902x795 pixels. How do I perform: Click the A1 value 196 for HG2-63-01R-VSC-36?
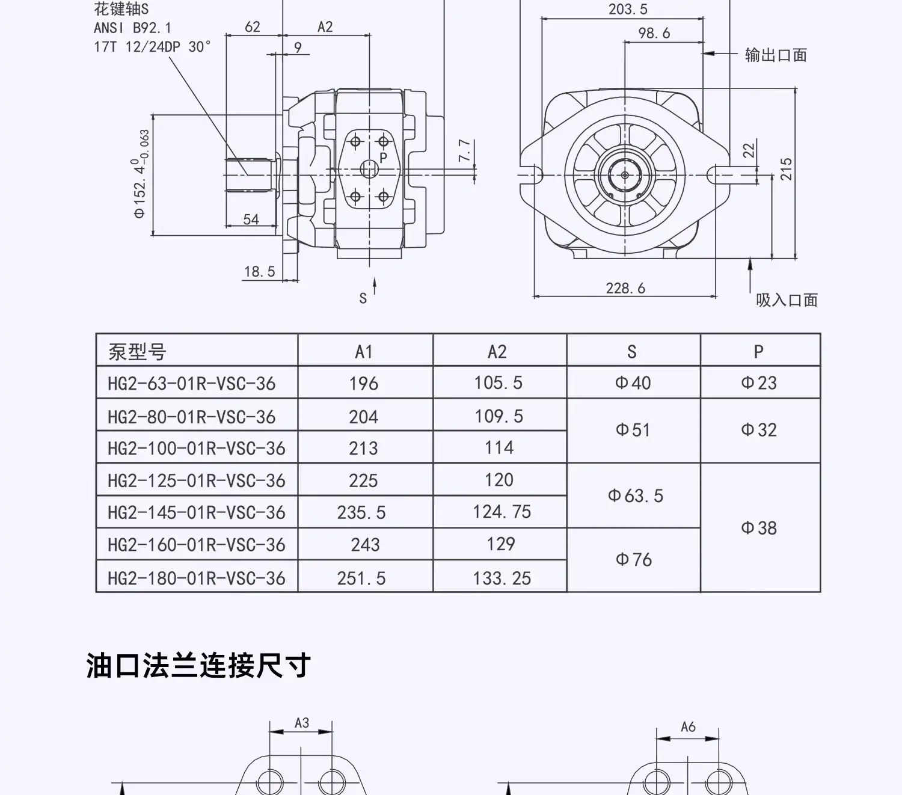point(364,384)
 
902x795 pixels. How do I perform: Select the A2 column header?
point(497,352)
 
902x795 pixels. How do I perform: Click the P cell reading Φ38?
point(759,528)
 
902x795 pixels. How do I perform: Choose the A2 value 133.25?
point(502,578)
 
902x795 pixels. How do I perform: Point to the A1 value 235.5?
point(361,512)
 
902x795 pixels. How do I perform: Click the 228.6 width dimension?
point(625,289)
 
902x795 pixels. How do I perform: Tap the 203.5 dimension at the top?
point(628,10)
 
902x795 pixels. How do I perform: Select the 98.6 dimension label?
point(654,34)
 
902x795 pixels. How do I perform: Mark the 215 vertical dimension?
point(787,170)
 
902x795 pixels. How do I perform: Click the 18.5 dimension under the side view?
point(259,272)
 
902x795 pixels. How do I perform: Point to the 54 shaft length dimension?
point(251,219)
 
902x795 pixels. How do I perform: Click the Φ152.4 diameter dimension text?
point(141,174)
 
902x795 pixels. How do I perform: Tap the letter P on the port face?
point(384,158)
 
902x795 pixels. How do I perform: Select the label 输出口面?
point(776,55)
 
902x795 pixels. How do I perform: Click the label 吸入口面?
point(787,300)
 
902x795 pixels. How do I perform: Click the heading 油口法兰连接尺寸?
point(198,666)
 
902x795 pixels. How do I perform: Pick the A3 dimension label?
point(302,723)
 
